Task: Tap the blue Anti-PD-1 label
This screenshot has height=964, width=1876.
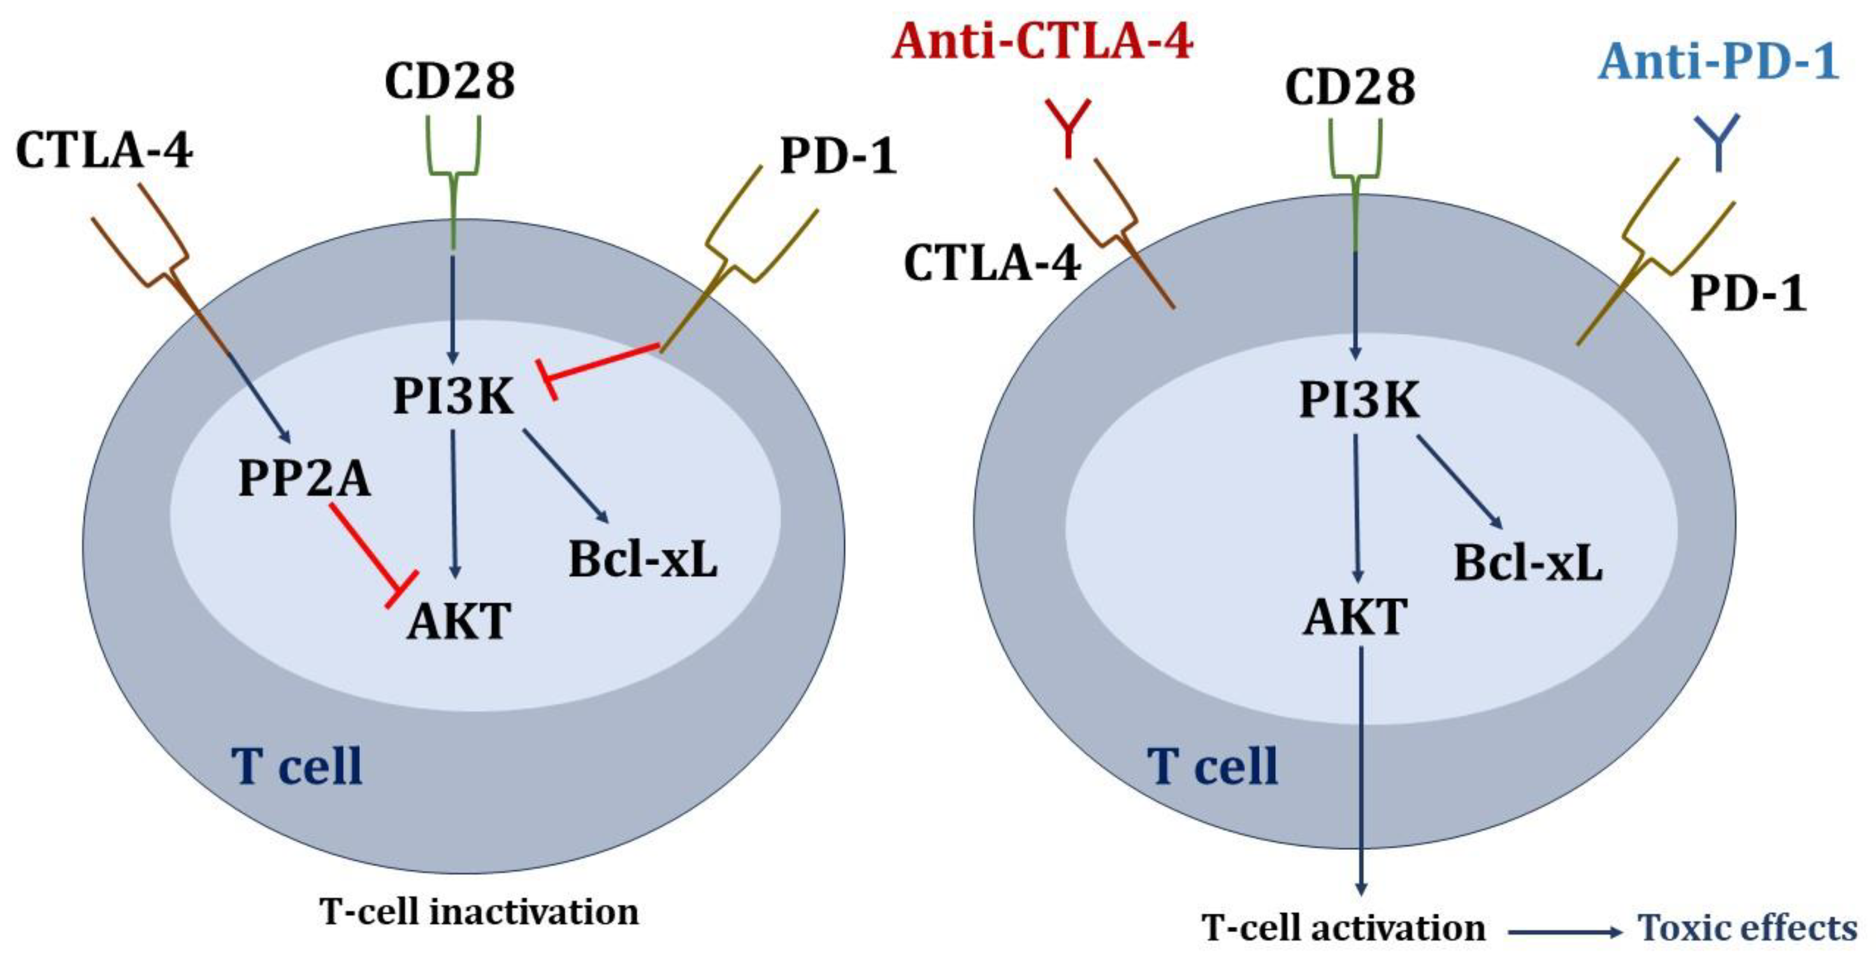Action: tap(1719, 62)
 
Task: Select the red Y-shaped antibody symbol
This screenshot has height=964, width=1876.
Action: tap(1067, 128)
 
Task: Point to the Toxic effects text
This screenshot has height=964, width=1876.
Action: tap(1747, 928)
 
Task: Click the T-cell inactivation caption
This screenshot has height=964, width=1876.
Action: tap(479, 912)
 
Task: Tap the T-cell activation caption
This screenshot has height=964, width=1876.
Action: tap(1344, 928)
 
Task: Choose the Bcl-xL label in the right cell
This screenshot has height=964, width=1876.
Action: tap(1528, 563)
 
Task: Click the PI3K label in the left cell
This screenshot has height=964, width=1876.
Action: tap(453, 396)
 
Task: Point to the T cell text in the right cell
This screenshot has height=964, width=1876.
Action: tap(1212, 766)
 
